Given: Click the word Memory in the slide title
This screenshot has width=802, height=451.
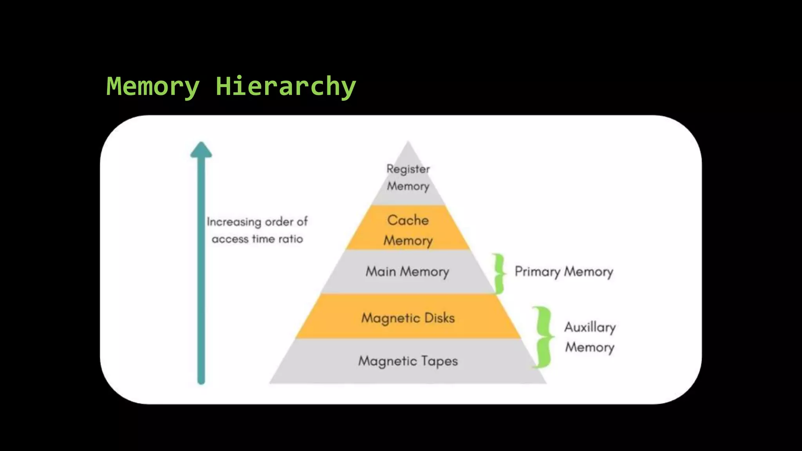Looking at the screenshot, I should (x=153, y=87).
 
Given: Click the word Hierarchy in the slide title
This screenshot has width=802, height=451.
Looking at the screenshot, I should (x=285, y=87).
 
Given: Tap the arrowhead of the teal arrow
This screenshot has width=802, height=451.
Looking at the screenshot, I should (x=201, y=150).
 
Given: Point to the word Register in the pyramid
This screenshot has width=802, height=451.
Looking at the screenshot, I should (x=408, y=169).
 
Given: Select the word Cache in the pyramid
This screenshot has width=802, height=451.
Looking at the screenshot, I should (x=408, y=220).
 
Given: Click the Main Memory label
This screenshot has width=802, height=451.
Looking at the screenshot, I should (x=407, y=272).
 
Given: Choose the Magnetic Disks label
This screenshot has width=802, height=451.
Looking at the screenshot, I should (x=408, y=318).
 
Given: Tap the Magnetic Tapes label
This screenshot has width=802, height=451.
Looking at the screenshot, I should (x=408, y=361).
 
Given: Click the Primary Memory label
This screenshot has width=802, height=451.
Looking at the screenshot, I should (x=564, y=272).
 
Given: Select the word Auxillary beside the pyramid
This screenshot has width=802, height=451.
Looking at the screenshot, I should (x=590, y=327).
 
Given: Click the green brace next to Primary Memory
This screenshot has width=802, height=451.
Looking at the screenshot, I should (x=499, y=273).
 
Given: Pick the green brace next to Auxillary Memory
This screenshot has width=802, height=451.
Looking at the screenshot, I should (x=542, y=337).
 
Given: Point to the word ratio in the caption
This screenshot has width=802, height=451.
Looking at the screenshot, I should (x=291, y=239).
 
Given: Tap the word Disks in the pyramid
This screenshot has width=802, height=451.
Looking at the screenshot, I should (x=439, y=318).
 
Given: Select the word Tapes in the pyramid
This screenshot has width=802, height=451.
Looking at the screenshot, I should (x=439, y=361).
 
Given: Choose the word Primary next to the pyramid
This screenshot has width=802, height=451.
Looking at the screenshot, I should (x=537, y=272).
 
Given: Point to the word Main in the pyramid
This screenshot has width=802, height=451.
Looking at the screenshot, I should (x=381, y=272).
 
